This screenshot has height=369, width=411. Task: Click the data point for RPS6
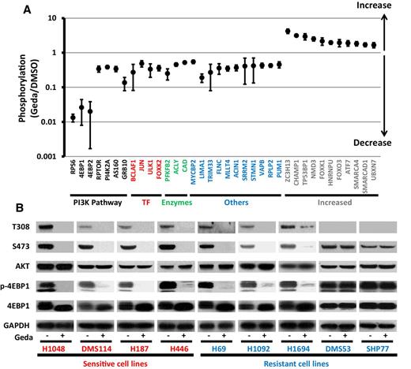[74, 118]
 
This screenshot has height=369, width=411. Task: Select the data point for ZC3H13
[288, 32]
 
